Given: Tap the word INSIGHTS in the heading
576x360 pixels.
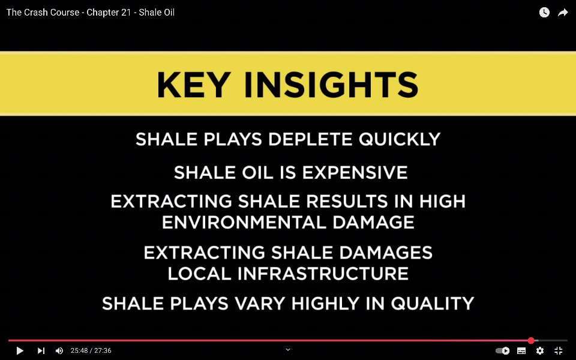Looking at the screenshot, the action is (331, 85).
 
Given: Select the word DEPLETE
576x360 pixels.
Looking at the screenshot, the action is (310, 139).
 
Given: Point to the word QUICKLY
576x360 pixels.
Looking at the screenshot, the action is (400, 139).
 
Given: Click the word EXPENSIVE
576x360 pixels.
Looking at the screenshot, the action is (355, 173).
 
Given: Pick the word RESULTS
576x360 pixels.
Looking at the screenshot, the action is (347, 202).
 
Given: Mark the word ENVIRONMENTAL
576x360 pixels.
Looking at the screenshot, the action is (244, 223).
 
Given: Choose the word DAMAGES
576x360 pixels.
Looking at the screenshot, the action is (386, 253).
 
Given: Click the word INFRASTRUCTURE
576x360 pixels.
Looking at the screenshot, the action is (323, 274).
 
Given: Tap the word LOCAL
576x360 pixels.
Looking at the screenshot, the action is (199, 274).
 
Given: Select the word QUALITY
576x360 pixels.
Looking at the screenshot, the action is (433, 304).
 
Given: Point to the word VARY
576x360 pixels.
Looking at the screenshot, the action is (260, 304).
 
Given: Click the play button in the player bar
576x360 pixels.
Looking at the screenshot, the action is (20, 351).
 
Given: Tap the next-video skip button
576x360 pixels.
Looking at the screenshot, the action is (41, 351).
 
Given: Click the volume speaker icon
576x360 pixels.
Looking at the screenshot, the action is (59, 351).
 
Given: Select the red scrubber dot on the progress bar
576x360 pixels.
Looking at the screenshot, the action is (531, 341).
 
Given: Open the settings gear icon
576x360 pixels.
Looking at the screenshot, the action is (539, 351).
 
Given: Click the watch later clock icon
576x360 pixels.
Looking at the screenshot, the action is (544, 13).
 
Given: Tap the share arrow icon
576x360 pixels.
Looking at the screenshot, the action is (563, 13).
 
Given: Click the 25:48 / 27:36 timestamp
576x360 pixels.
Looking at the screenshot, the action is (91, 351).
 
